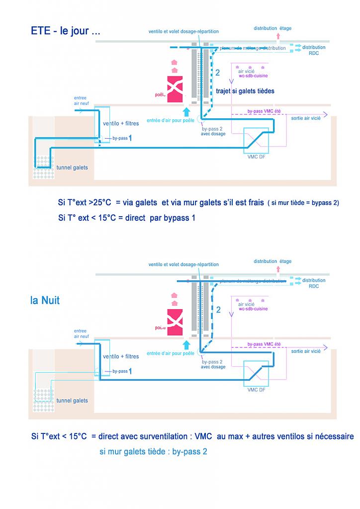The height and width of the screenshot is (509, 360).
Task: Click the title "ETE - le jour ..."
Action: click(65, 31)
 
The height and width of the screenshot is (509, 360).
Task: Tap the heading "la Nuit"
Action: click(45, 301)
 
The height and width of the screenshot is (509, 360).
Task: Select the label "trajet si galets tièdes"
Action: click(245, 91)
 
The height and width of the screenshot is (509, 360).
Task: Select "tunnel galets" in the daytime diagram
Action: click(72, 168)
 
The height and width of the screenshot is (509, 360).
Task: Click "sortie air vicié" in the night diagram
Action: click(306, 351)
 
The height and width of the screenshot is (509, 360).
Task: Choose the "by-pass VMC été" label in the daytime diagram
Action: click(264, 112)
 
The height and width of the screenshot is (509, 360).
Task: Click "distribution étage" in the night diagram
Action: click(272, 261)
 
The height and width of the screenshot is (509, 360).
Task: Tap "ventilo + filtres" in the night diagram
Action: click(120, 356)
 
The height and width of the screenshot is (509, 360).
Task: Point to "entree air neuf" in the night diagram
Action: click(80, 334)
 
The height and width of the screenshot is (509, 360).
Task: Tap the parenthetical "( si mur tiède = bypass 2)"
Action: click(303, 203)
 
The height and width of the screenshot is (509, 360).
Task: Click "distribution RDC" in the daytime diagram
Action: click(314, 50)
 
